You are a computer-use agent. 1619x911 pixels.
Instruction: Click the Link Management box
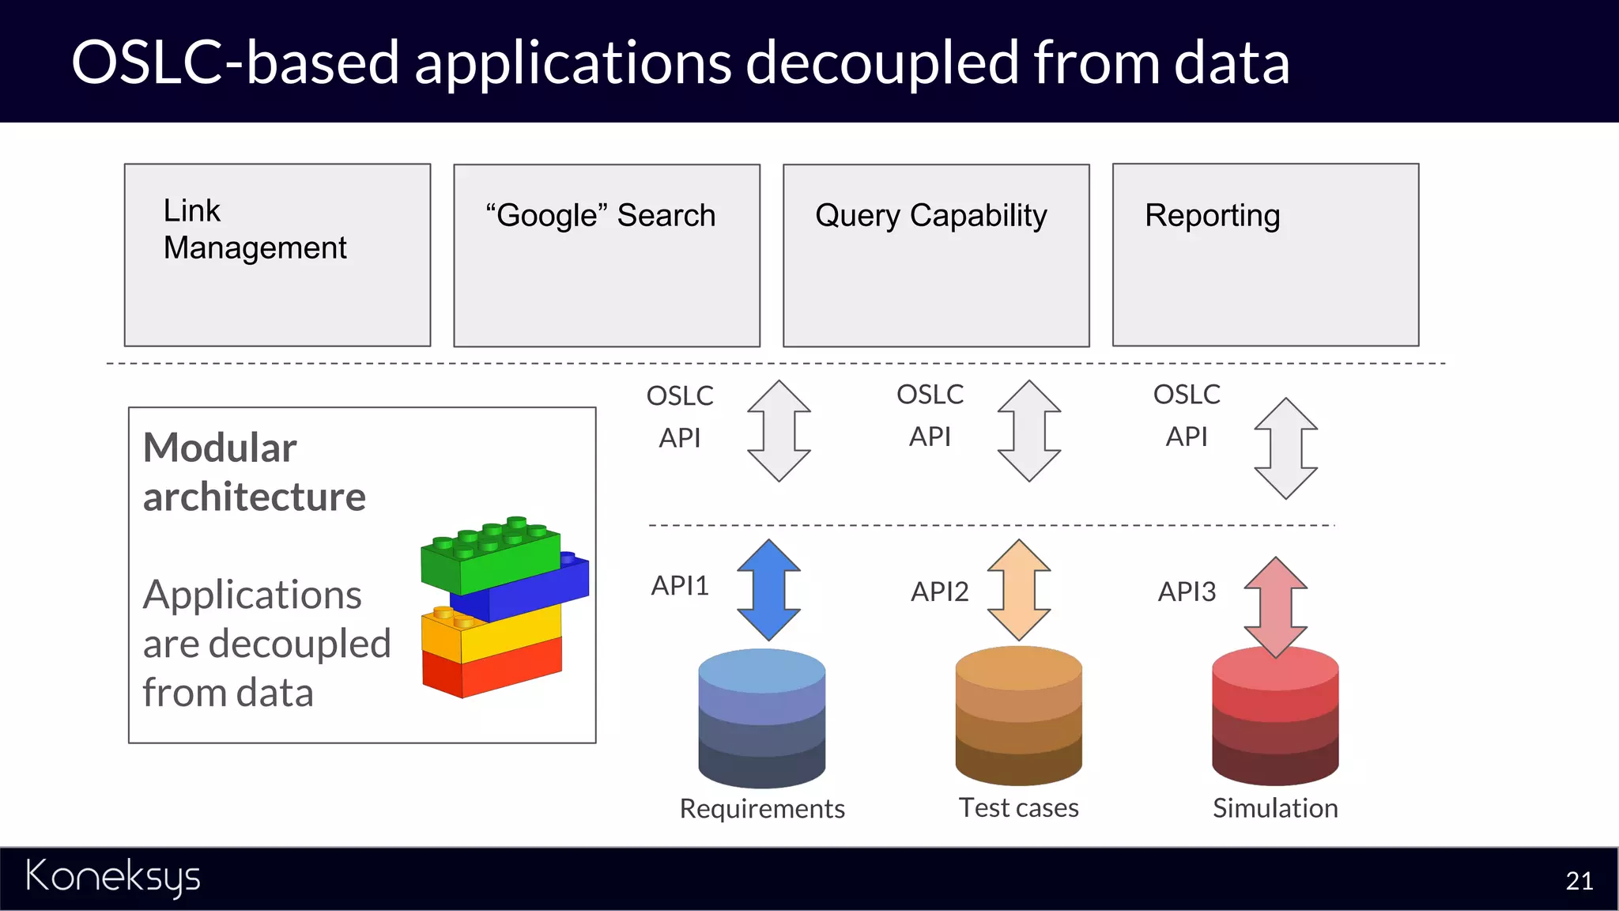[277, 255]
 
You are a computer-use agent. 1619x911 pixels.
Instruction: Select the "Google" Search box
[606, 255]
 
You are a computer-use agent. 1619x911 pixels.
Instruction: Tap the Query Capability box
[936, 255]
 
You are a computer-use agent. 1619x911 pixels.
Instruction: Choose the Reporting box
[1265, 255]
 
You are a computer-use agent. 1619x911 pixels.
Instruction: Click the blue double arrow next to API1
[768, 590]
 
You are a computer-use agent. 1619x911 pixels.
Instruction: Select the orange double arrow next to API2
[1019, 590]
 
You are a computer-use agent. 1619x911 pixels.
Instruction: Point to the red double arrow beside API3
[1275, 607]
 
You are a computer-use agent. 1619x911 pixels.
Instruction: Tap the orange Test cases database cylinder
[1018, 716]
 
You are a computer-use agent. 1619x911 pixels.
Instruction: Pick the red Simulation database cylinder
[1274, 716]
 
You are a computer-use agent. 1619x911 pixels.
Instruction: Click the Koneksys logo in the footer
[113, 877]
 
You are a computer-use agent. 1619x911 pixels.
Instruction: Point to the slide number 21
[1579, 881]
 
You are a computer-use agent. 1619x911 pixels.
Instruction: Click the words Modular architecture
[254, 472]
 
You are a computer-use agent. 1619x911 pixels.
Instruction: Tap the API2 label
[939, 592]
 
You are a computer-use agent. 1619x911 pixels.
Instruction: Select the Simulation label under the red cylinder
[1275, 808]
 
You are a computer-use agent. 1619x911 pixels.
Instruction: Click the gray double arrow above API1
[779, 431]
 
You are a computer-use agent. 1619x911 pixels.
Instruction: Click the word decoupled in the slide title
[882, 62]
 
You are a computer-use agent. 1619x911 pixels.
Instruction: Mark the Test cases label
[1018, 808]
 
